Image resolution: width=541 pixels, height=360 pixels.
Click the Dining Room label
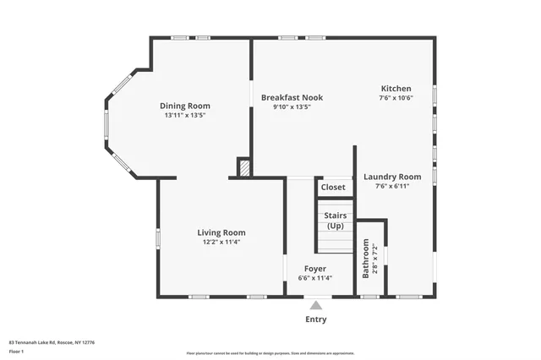tap(185, 106)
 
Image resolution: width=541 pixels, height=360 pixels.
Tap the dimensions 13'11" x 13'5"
tap(185, 115)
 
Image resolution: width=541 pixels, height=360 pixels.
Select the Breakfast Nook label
tap(292, 97)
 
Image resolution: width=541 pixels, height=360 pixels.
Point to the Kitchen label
tap(396, 88)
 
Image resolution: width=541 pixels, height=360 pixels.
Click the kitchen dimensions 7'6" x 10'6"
tap(396, 98)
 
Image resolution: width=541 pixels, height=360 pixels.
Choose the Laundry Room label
tap(392, 177)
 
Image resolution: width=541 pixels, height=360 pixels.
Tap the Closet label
tap(333, 187)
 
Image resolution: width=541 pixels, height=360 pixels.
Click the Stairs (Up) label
tap(335, 221)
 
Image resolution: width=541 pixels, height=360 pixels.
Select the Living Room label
tap(221, 232)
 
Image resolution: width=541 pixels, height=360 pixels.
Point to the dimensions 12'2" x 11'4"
tap(221, 243)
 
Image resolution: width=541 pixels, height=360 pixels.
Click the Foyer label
tap(315, 268)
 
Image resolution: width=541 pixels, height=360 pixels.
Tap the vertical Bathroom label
tap(366, 259)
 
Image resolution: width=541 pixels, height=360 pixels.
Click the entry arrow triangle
tap(315, 305)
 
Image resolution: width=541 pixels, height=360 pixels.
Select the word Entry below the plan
tap(315, 319)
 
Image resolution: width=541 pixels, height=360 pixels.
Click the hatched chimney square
tap(244, 168)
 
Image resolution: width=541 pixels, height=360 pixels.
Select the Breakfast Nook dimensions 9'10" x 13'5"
tap(292, 107)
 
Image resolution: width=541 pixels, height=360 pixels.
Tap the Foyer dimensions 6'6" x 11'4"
tap(315, 278)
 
